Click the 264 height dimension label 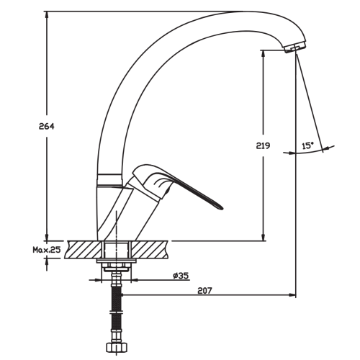coord(47,126)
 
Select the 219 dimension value coord(263,145)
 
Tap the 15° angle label coord(308,145)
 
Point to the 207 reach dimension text coord(205,291)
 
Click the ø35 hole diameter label coord(181,276)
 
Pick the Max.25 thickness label coord(47,250)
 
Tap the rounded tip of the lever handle coord(220,208)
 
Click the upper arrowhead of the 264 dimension coord(47,15)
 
